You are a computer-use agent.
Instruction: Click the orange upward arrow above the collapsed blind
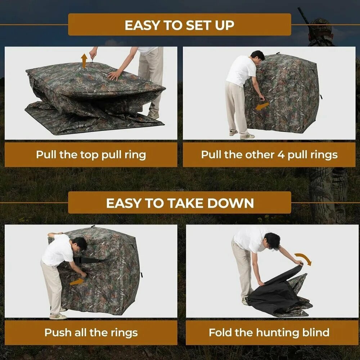[x=84, y=61]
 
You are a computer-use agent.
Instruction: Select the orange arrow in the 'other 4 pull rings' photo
[x=262, y=106]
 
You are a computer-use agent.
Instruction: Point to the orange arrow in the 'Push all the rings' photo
[x=77, y=282]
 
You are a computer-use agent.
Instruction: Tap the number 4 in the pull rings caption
[x=281, y=155]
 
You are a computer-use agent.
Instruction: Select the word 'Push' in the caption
[x=58, y=332]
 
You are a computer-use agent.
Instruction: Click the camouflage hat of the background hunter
[x=321, y=25]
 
